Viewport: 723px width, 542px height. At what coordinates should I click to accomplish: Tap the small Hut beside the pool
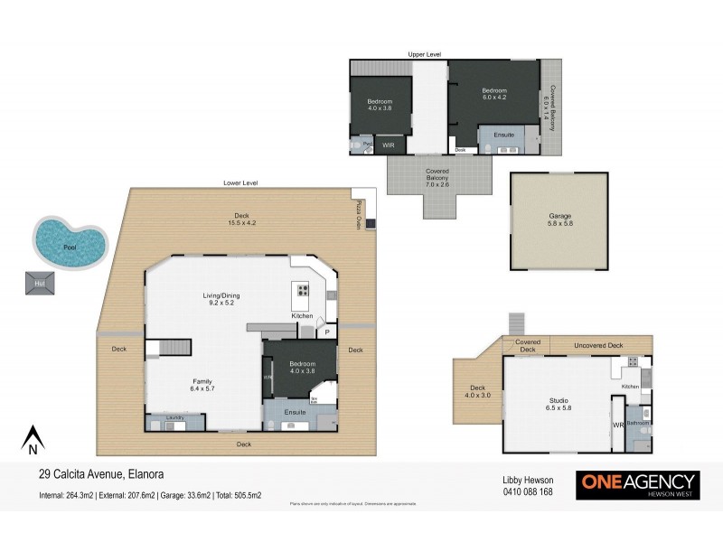(40, 283)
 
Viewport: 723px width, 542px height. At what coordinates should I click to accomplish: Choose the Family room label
(202, 385)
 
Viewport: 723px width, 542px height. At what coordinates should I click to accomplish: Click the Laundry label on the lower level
(175, 417)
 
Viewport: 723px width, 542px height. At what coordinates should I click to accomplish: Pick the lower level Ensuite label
(296, 412)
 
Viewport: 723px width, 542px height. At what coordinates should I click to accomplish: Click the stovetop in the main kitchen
(302, 292)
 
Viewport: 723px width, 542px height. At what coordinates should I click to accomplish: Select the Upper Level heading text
(424, 55)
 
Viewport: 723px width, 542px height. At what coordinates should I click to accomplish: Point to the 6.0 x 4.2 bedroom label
(493, 94)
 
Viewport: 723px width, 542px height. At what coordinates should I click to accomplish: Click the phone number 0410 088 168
(527, 492)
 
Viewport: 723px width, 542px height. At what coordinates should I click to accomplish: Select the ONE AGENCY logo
(638, 482)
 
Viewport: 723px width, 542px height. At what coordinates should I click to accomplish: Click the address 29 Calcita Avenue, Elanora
(101, 472)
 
